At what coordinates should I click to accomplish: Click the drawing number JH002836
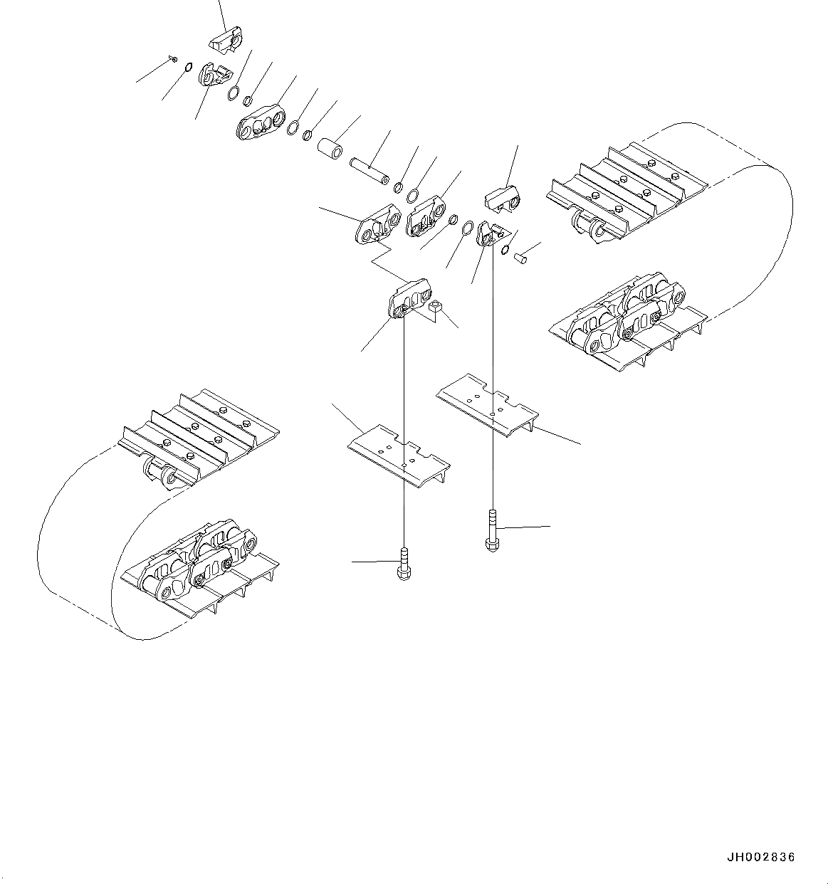point(761,858)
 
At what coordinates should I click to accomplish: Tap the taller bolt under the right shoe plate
point(491,530)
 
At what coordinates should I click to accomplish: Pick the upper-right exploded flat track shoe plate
point(488,404)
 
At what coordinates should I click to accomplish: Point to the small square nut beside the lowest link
point(436,307)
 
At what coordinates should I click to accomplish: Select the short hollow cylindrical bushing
point(331,150)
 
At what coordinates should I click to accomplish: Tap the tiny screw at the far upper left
point(174,59)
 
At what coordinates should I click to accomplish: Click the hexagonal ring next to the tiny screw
point(187,68)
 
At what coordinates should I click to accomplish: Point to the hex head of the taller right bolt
point(491,545)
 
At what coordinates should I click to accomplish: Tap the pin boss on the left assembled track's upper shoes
point(160,473)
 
